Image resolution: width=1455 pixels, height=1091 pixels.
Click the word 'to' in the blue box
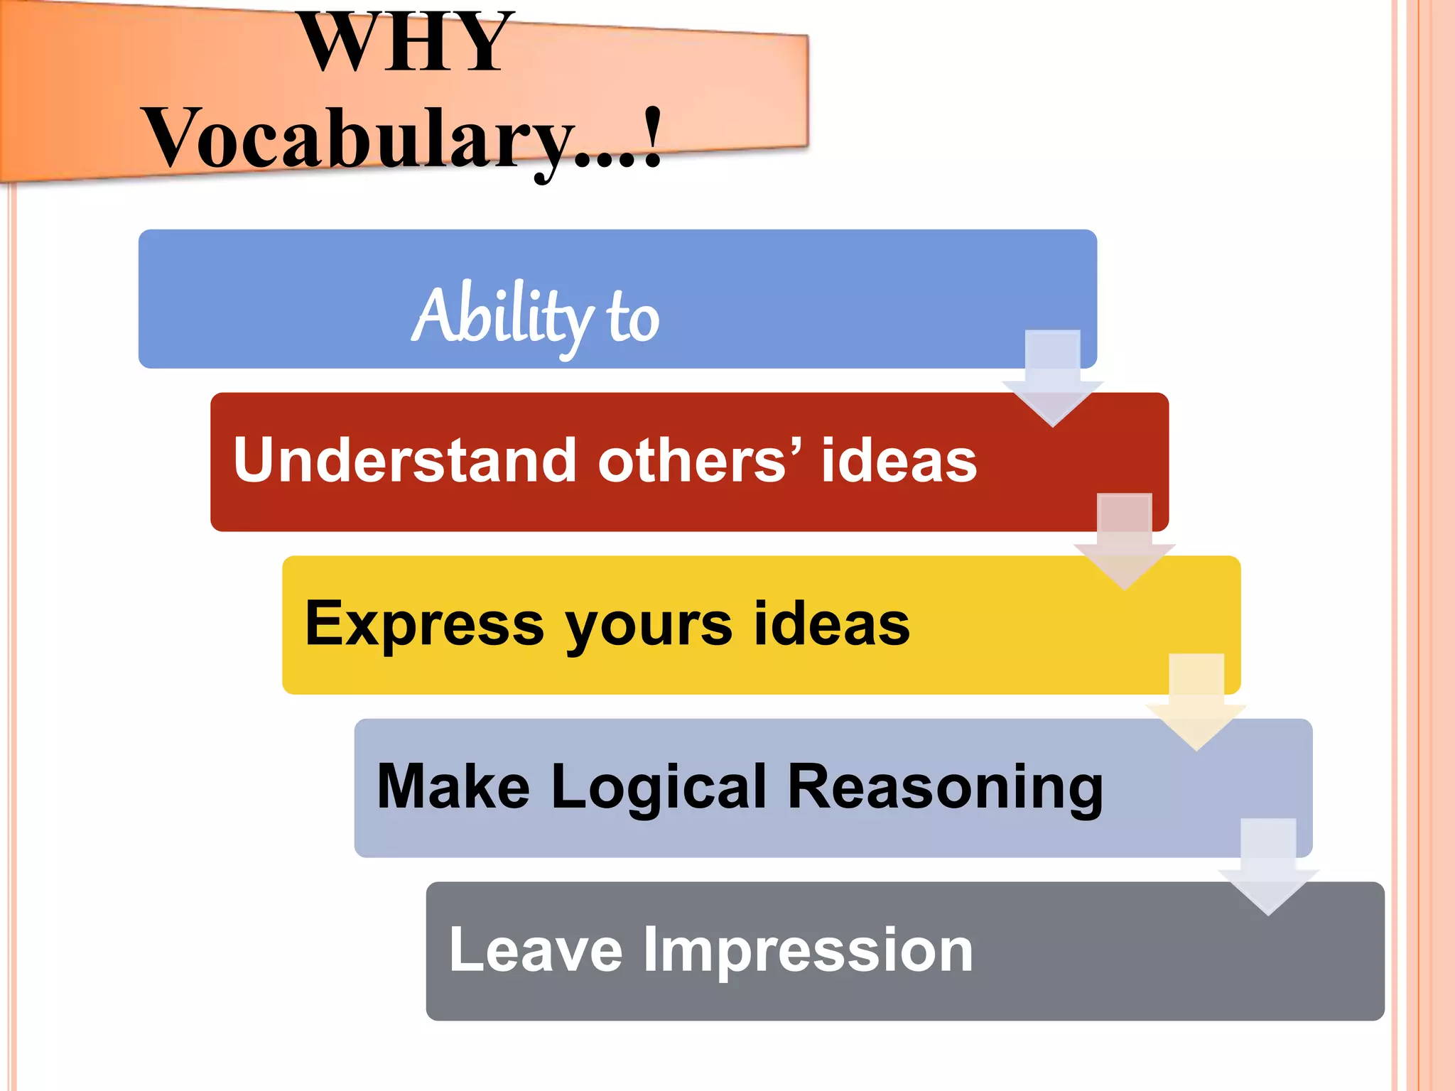pyautogui.click(x=632, y=318)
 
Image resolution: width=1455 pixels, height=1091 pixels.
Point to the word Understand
pyautogui.click(x=404, y=460)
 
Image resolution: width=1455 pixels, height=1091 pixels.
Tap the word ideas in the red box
pyautogui.click(x=899, y=460)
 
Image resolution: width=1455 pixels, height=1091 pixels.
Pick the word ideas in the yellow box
pyautogui.click(x=831, y=623)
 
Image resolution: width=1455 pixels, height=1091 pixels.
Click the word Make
pyautogui.click(x=453, y=786)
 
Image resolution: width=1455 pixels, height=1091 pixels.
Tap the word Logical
pyautogui.click(x=659, y=788)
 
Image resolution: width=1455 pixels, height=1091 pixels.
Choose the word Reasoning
pyautogui.click(x=946, y=788)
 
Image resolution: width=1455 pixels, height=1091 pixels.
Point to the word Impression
pyautogui.click(x=808, y=951)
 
